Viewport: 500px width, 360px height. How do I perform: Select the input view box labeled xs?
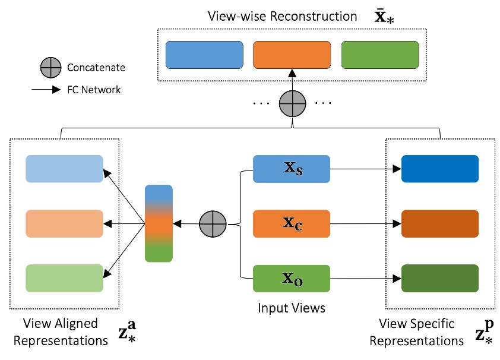pos(291,169)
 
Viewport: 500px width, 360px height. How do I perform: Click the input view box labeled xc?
pos(291,223)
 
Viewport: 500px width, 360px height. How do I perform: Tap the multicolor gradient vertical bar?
pos(159,223)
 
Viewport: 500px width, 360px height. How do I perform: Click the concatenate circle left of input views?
pos(213,223)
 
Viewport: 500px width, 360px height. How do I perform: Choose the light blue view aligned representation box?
pos(64,169)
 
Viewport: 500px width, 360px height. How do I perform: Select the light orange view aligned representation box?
pos(64,223)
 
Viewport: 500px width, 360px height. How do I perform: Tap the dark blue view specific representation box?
pos(439,169)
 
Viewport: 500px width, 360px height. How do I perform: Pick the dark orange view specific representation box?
pos(439,223)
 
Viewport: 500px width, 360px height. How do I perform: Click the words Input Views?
pos(291,308)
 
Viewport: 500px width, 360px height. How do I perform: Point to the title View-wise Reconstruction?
pos(283,16)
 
